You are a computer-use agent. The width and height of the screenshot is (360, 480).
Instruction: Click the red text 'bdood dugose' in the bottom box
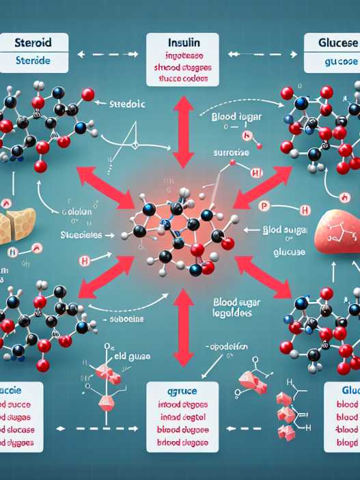tap(182, 444)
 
